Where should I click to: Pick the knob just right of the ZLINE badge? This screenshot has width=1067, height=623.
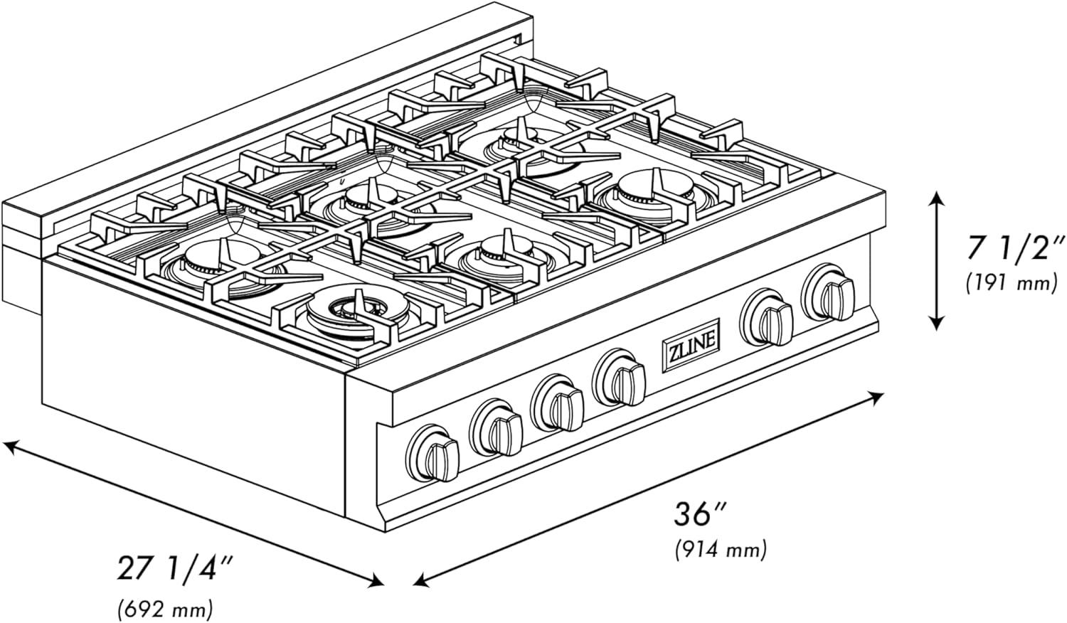click(x=768, y=316)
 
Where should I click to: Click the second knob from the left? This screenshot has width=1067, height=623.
click(x=496, y=429)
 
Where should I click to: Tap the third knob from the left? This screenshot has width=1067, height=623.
click(x=560, y=405)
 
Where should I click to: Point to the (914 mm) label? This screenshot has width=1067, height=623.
click(x=719, y=549)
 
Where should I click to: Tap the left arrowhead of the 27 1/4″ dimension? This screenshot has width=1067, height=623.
click(x=9, y=447)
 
